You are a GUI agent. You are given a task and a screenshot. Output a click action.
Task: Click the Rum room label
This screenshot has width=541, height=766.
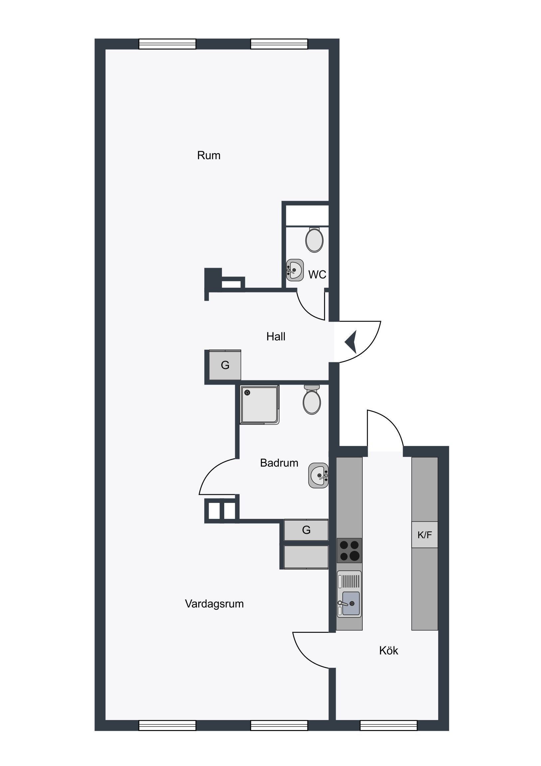point(209,156)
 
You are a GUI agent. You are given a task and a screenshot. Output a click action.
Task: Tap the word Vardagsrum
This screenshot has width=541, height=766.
point(214,604)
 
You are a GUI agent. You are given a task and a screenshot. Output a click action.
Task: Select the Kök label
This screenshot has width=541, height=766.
point(389,650)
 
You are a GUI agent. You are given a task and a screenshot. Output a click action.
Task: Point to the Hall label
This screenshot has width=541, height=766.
point(276,336)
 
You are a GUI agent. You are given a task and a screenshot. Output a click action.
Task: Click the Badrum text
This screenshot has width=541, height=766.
point(279,463)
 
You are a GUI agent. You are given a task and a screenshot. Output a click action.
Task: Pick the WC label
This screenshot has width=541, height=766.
point(317,274)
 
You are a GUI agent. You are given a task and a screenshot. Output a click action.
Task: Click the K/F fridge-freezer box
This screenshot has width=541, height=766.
point(425,535)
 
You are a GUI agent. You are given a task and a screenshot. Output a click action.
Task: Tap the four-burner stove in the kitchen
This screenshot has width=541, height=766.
point(349,551)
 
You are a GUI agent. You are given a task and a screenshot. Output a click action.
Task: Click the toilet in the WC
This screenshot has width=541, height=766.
point(314,239)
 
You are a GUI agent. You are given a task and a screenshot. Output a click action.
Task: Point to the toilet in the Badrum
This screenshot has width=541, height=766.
point(312,400)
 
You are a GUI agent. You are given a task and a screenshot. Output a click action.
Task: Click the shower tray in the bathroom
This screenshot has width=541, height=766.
point(260,405)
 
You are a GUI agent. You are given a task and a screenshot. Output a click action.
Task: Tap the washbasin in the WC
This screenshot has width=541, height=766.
point(295,270)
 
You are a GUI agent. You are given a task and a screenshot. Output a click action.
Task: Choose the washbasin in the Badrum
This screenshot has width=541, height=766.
point(318,475)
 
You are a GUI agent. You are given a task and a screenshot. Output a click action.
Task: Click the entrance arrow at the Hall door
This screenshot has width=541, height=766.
point(351,342)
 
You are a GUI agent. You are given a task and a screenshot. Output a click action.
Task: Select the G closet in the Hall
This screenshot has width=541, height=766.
point(225,365)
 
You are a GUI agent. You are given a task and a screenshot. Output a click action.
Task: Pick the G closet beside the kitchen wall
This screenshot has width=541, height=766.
point(306,530)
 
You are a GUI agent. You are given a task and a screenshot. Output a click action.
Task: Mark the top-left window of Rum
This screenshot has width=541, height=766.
point(167,44)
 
